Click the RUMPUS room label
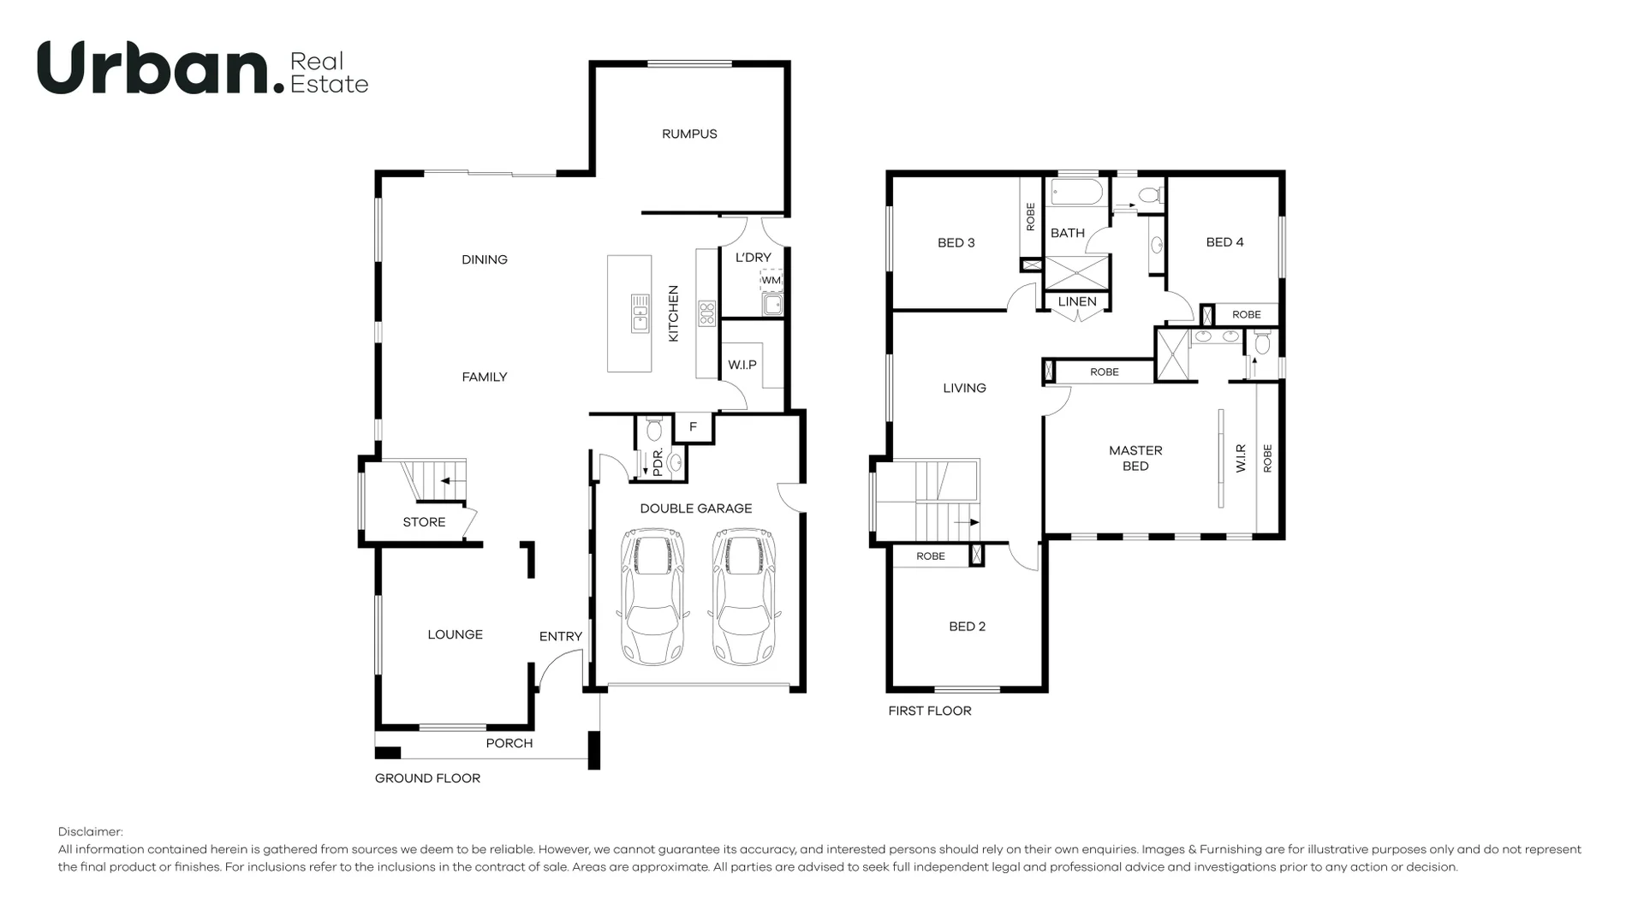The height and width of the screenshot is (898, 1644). pyautogui.click(x=689, y=134)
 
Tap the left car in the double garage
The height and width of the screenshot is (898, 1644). pyautogui.click(x=652, y=597)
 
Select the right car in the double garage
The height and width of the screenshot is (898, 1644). pyautogui.click(x=744, y=597)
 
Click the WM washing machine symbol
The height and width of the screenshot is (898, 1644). pyautogui.click(x=771, y=280)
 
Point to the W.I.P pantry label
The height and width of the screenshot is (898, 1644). pyautogui.click(x=742, y=365)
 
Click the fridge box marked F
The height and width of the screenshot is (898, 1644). pyautogui.click(x=693, y=427)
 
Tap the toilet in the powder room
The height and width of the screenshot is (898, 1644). pyautogui.click(x=655, y=427)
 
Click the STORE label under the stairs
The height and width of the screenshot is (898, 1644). pyautogui.click(x=424, y=522)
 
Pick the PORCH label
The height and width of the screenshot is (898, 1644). pyautogui.click(x=509, y=743)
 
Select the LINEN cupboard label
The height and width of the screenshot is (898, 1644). pyautogui.click(x=1077, y=301)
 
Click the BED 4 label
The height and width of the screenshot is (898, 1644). pyautogui.click(x=1224, y=242)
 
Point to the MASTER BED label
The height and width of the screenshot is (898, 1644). pyautogui.click(x=1135, y=458)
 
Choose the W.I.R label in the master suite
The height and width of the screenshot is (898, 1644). pyautogui.click(x=1241, y=459)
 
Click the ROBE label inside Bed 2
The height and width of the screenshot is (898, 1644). pyautogui.click(x=931, y=556)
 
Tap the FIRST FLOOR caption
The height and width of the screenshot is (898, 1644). pyautogui.click(x=930, y=711)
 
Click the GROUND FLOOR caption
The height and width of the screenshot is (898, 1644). pyautogui.click(x=427, y=778)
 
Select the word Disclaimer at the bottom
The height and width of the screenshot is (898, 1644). pyautogui.click(x=91, y=831)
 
